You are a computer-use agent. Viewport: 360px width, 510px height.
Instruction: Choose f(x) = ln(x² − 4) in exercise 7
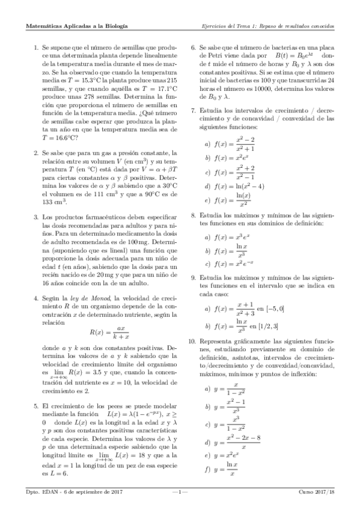point(234,186)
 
